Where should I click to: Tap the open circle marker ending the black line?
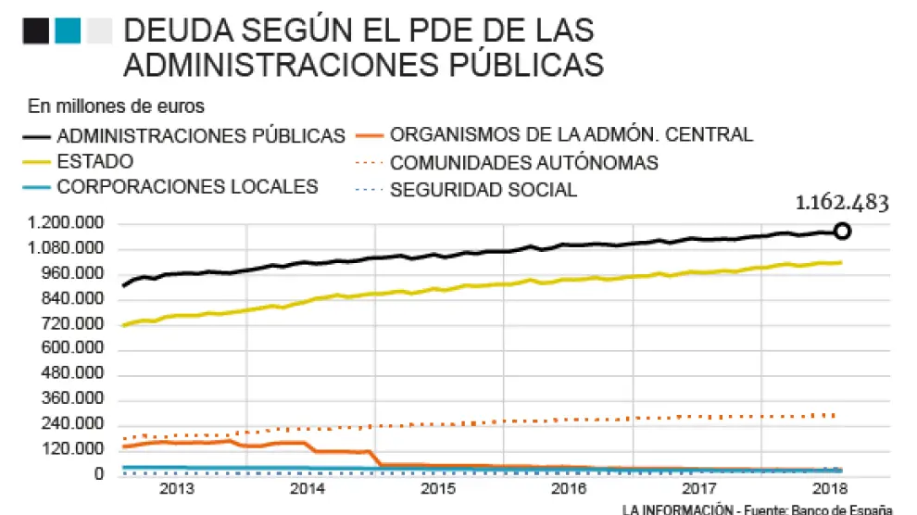point(842,232)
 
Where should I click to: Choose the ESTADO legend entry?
point(95,161)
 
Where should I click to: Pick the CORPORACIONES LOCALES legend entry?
point(187,186)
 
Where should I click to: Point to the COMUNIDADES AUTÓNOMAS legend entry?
point(524,163)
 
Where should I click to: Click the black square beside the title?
point(36,31)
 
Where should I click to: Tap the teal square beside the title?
point(67,31)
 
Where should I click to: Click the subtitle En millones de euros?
point(116,106)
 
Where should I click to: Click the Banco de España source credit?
point(831,509)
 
